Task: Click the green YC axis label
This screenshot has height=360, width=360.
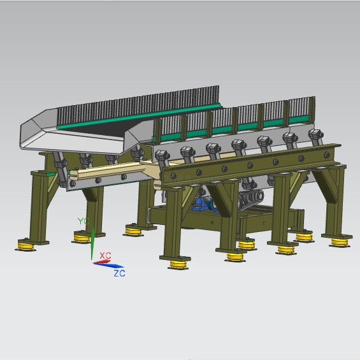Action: coord(83,221)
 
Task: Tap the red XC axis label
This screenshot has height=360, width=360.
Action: coord(105,256)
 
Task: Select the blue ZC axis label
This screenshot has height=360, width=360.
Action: coord(120,273)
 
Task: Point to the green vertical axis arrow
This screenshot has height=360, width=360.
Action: coord(92,243)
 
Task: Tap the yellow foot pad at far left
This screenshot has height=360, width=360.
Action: coord(25,245)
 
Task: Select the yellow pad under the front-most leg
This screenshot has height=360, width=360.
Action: coord(178,264)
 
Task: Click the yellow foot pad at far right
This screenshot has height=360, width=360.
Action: coord(340,243)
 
